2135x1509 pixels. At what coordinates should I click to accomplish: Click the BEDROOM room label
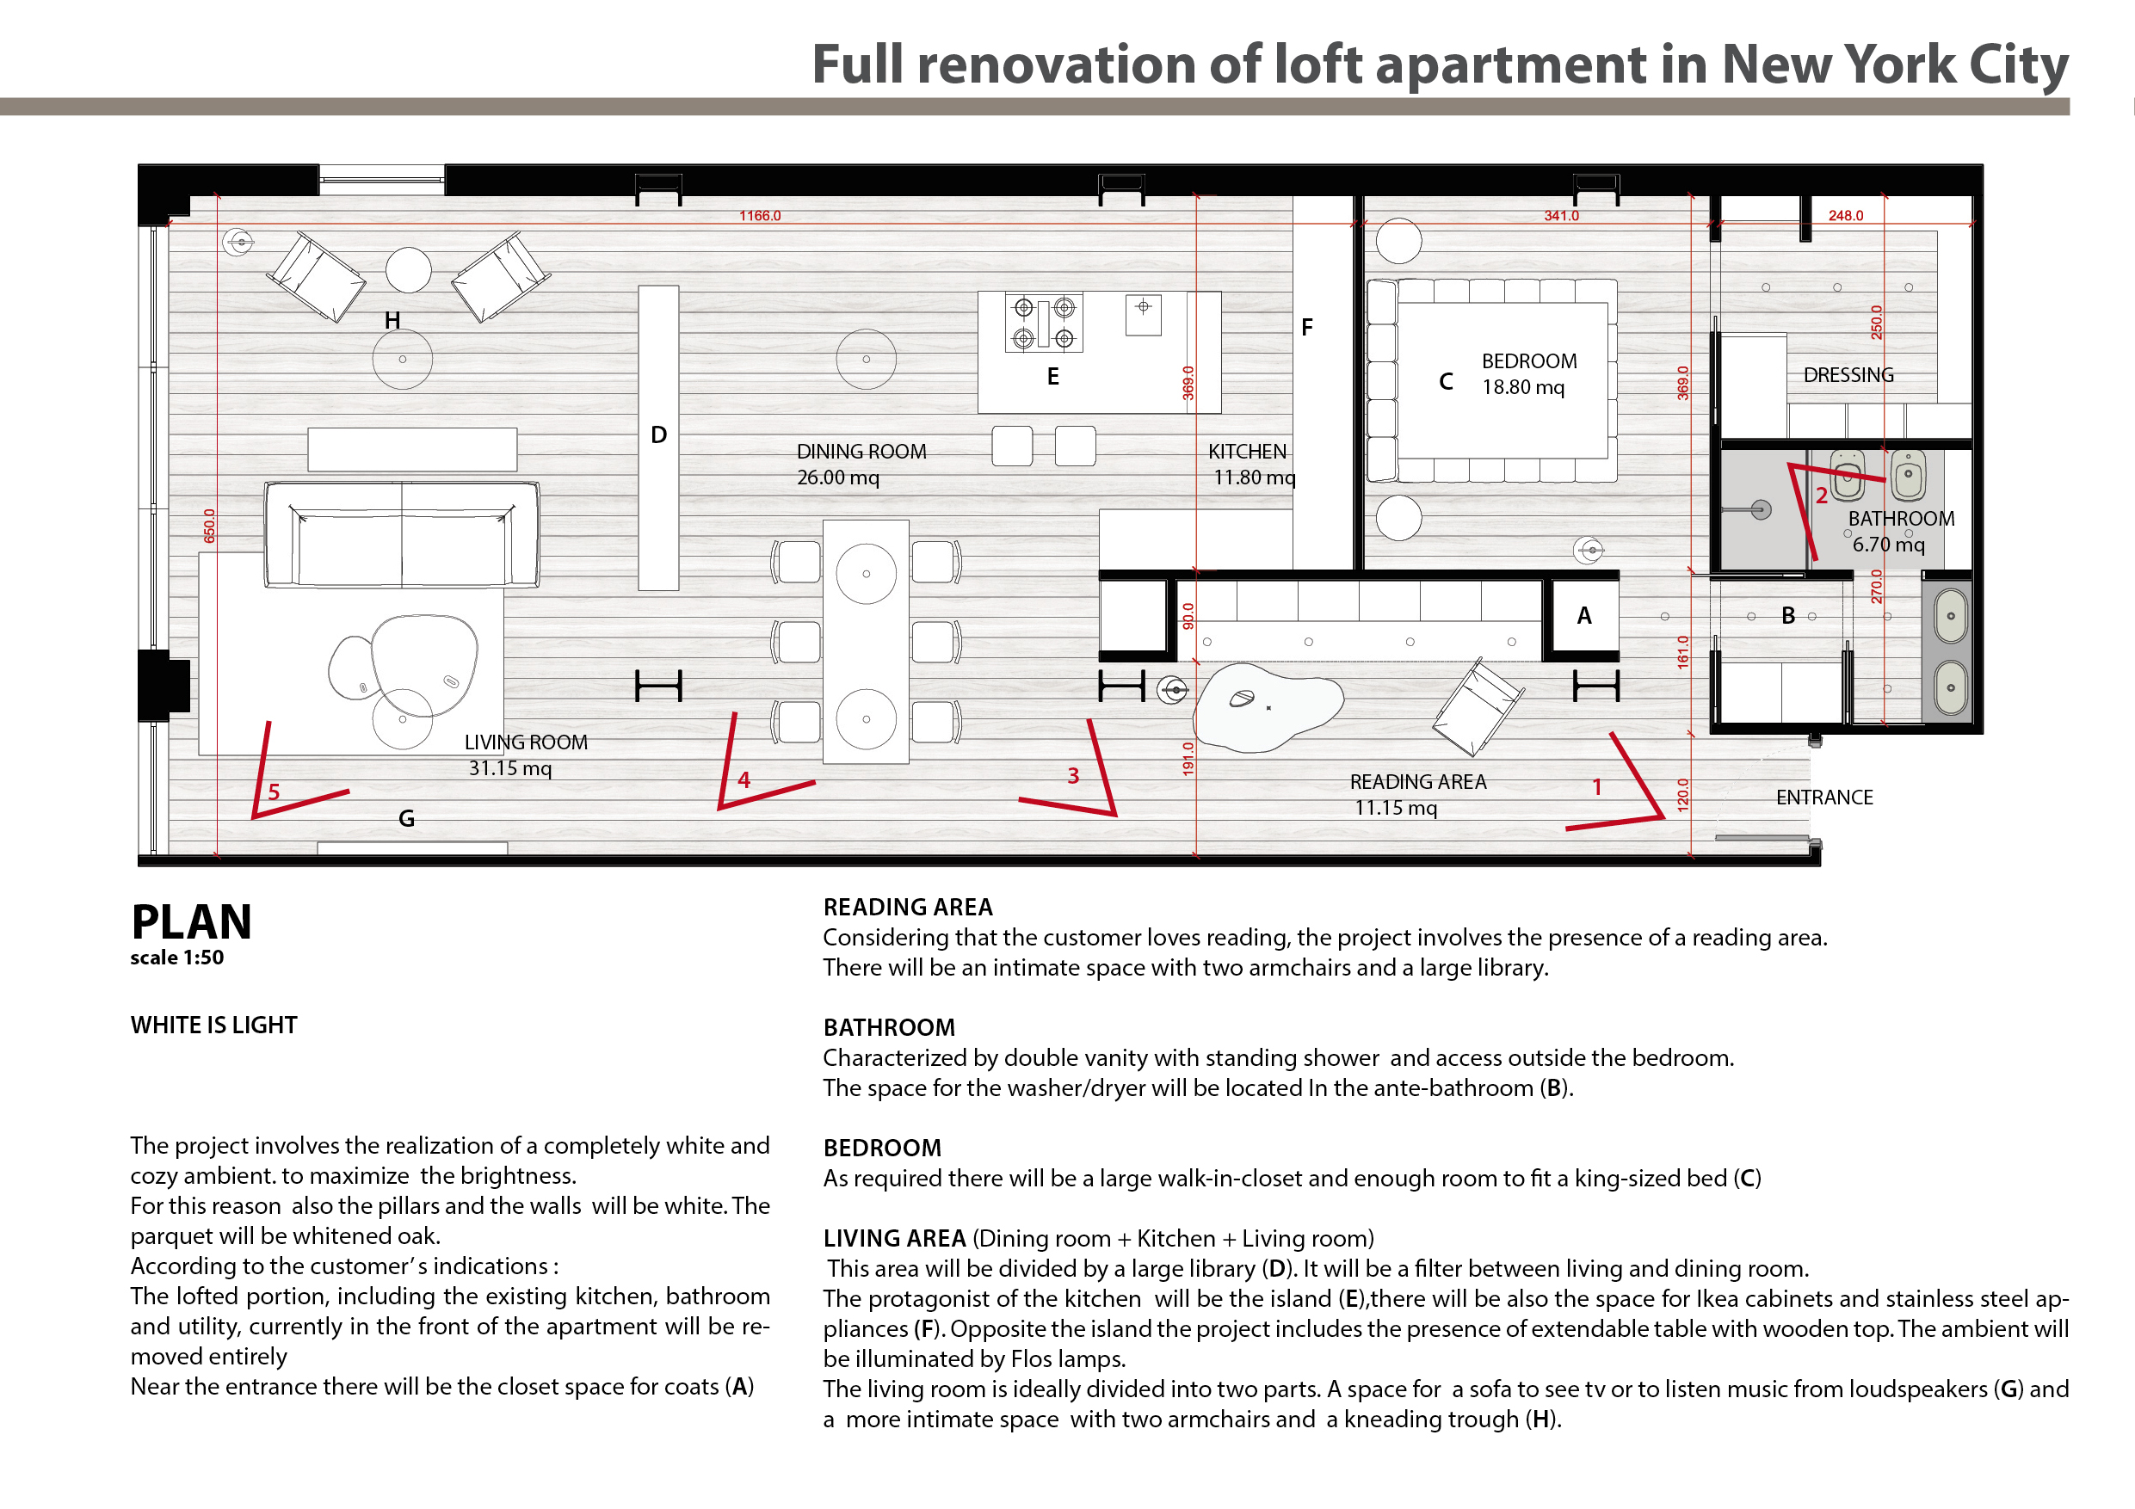point(1528,360)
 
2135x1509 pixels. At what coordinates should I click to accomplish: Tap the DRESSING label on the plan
point(1848,375)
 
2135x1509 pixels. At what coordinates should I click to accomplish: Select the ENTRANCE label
point(1823,797)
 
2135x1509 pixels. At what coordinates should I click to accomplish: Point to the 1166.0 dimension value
point(760,216)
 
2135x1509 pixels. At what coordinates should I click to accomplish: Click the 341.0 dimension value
point(1561,216)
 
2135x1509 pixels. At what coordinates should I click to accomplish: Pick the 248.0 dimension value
point(1846,216)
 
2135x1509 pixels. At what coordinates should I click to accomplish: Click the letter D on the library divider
point(658,435)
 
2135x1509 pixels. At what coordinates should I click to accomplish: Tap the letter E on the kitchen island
point(1052,377)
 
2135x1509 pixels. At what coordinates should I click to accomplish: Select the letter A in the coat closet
point(1584,615)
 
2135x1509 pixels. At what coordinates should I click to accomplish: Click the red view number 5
point(274,792)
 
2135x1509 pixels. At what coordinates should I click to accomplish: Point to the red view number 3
point(1073,775)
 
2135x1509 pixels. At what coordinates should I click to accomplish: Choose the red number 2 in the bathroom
point(1822,496)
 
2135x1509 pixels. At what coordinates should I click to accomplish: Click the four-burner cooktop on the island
point(1043,323)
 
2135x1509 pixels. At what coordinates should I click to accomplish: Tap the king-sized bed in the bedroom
point(1491,380)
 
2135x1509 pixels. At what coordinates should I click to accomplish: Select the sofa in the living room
point(402,534)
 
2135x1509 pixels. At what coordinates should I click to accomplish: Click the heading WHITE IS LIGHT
point(214,1025)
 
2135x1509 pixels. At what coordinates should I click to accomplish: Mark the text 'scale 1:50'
point(176,958)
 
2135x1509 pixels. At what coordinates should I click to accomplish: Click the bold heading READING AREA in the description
point(908,907)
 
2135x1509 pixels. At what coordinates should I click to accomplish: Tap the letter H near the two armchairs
point(392,321)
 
